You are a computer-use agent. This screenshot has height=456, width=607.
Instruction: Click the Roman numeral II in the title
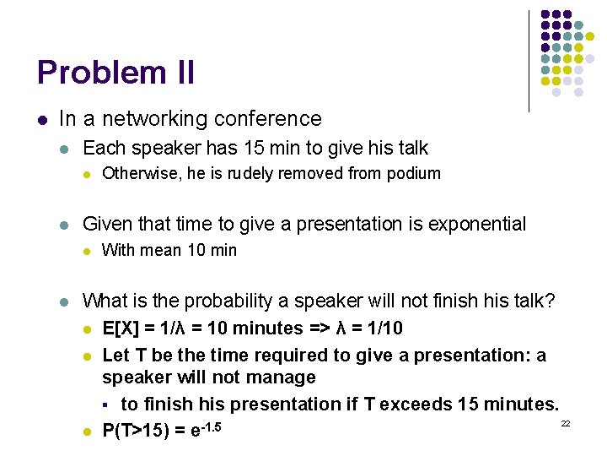point(185,73)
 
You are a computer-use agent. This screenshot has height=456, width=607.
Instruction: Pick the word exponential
point(477,224)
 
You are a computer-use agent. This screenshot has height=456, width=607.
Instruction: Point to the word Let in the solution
point(115,356)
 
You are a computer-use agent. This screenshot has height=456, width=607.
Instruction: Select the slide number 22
point(566,422)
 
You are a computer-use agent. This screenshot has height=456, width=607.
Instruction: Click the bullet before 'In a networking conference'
point(43,120)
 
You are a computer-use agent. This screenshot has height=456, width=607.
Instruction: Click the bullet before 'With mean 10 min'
point(86,251)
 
